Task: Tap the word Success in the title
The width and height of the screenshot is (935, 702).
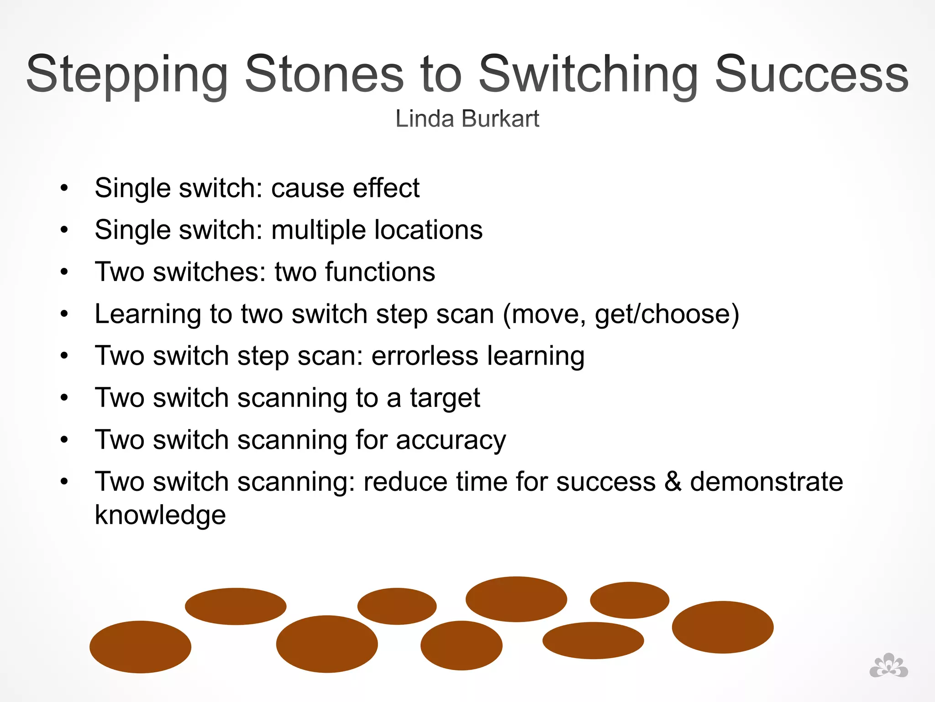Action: [x=811, y=74]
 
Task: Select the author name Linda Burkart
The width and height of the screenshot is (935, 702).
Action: [x=467, y=119]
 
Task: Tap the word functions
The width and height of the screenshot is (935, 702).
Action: [x=380, y=272]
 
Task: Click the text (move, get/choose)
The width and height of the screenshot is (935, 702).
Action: [x=620, y=314]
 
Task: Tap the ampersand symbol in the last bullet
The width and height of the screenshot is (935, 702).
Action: [x=672, y=482]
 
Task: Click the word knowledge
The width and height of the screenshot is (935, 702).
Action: [x=160, y=515]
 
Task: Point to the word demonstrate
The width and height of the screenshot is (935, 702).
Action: [x=766, y=482]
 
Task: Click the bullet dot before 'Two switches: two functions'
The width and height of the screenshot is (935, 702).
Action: [x=64, y=272]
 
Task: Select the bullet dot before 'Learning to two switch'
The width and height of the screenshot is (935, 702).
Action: [x=64, y=314]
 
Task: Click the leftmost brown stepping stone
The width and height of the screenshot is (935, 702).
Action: [x=140, y=646]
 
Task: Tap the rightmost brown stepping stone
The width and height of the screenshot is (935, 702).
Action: [x=722, y=627]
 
